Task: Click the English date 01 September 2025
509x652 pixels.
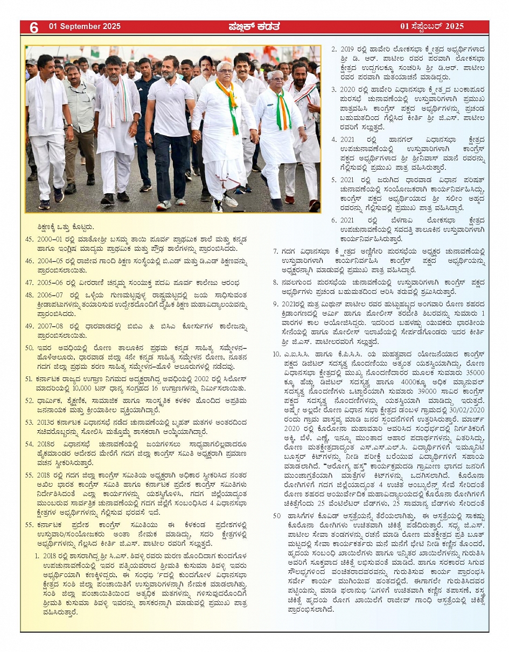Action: click(85, 26)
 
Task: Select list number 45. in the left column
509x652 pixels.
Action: click(30, 237)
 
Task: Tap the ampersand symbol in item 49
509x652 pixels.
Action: click(152, 326)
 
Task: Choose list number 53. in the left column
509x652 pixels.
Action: click(30, 423)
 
